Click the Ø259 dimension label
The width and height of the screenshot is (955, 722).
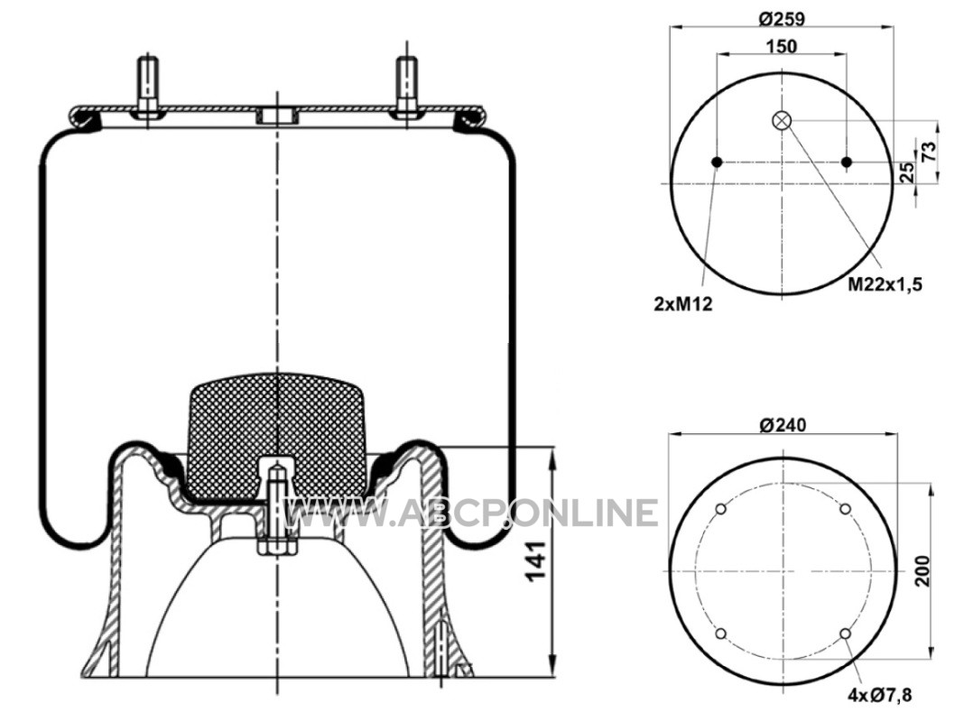(x=782, y=19)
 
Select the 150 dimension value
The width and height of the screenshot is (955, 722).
(x=782, y=46)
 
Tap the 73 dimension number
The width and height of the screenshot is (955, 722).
(x=929, y=151)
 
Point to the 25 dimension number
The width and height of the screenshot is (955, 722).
(x=907, y=172)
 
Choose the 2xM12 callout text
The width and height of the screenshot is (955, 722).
(x=682, y=304)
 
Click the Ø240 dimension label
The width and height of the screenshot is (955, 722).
(x=783, y=424)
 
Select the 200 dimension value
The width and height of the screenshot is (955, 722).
(x=923, y=570)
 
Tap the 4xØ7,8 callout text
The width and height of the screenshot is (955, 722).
(x=880, y=695)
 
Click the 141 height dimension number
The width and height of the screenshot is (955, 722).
(x=535, y=560)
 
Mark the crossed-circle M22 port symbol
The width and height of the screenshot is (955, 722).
(x=782, y=121)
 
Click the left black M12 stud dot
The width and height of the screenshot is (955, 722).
(x=717, y=162)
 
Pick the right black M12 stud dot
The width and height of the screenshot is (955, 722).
(x=847, y=162)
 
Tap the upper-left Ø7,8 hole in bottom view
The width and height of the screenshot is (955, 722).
(x=720, y=509)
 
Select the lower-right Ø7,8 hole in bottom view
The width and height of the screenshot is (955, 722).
(x=845, y=634)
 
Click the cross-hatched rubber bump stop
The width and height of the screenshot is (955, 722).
(x=278, y=436)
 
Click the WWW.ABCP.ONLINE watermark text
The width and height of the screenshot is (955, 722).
(x=470, y=513)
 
